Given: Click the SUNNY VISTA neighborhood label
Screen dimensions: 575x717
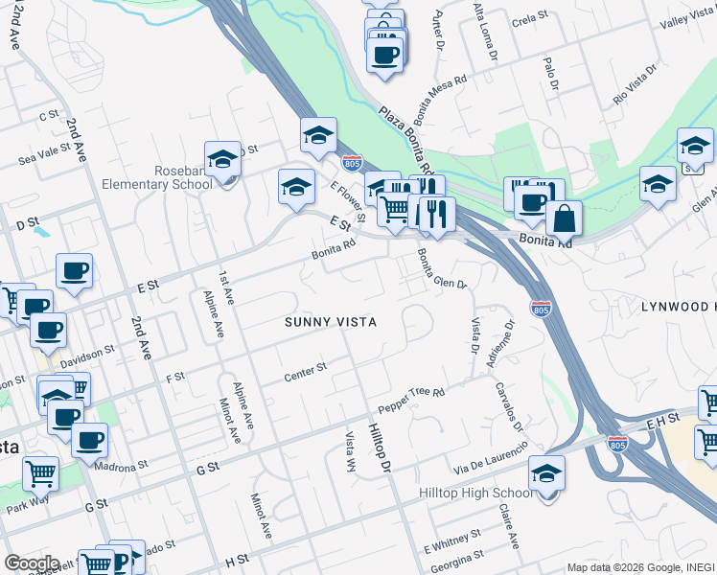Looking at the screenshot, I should (x=330, y=322).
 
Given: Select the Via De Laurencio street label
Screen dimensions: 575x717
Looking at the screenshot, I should (x=491, y=456).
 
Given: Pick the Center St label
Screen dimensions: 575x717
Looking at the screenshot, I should (x=306, y=372).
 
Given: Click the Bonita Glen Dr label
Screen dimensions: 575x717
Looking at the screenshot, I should (x=441, y=270).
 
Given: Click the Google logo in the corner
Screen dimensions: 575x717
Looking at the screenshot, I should (x=31, y=563).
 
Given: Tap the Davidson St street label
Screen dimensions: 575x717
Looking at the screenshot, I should (x=87, y=357).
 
